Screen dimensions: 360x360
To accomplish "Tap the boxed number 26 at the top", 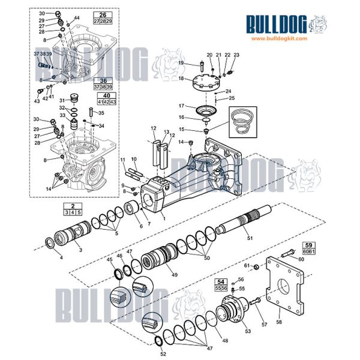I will [x=103, y=14].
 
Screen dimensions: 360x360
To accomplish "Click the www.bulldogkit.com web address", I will [x=279, y=38].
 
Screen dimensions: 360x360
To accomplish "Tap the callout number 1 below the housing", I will [x=163, y=220].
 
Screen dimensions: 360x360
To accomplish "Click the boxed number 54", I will [x=221, y=281].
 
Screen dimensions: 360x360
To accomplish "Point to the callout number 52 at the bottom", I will [x=163, y=354].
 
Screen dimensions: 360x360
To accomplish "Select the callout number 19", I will [x=181, y=62].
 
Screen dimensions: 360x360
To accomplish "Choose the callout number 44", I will [x=77, y=18].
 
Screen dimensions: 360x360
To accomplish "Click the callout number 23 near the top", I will [x=236, y=55].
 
